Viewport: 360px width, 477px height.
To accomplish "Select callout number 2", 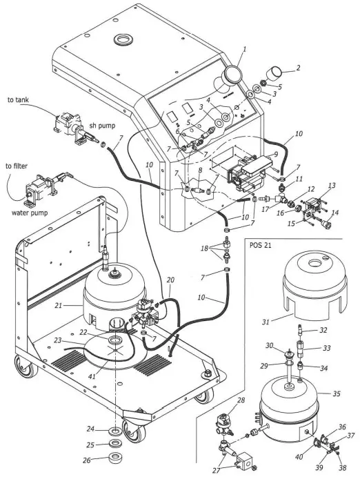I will point(299,68).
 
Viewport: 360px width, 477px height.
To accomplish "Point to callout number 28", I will point(241,400).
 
